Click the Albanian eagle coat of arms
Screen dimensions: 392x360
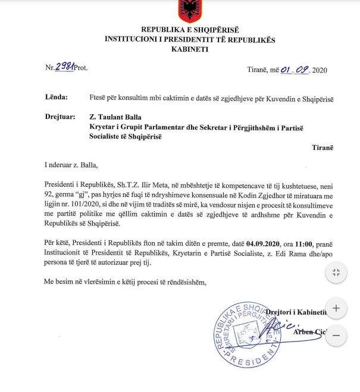click(190, 10)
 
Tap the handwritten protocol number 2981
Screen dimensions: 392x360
click(64, 68)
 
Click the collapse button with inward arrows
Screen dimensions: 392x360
click(336, 273)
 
